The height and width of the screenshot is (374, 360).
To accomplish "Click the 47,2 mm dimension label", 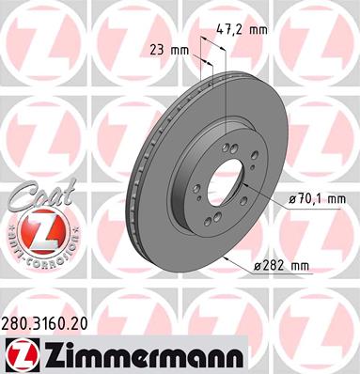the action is click(242, 30).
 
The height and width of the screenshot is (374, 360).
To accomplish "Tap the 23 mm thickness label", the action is click(169, 50).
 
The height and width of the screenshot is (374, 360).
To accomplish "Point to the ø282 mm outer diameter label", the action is click(281, 266).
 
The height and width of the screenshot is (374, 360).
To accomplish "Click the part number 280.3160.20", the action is click(44, 324).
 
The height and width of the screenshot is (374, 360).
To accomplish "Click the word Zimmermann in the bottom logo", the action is click(143, 356).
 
